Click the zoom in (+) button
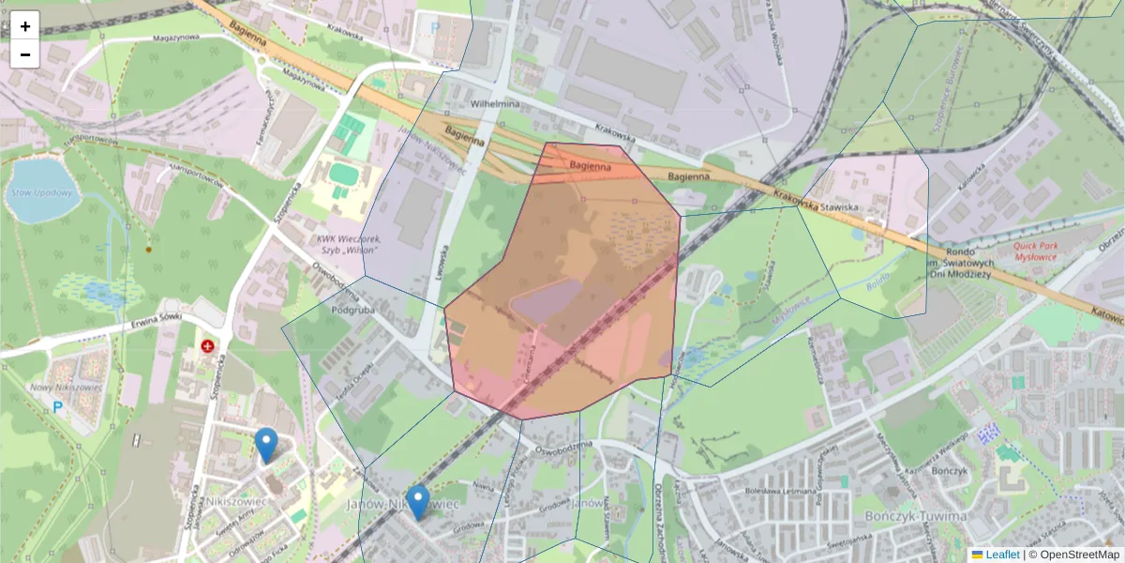[25, 26]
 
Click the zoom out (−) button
[25, 54]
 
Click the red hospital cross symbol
[207, 346]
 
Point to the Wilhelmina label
[495, 104]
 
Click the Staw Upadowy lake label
[40, 192]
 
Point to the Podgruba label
[352, 308]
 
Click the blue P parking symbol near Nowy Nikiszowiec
[57, 407]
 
